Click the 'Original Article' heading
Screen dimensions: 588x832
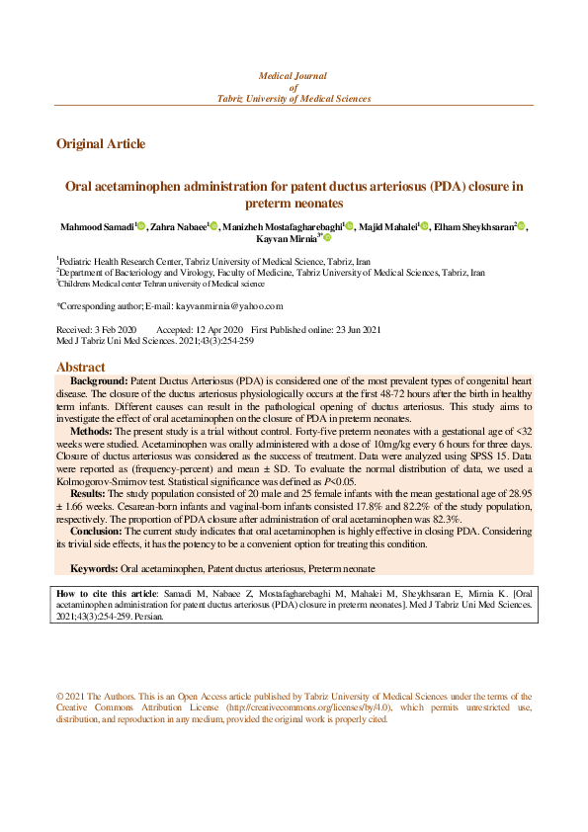101,144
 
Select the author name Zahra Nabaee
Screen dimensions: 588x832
178,227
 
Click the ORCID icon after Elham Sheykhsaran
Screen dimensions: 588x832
521,227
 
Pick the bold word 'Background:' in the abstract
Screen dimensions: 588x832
98,380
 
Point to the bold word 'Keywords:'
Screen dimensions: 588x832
95,568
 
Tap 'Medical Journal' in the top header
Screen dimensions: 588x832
293,75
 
